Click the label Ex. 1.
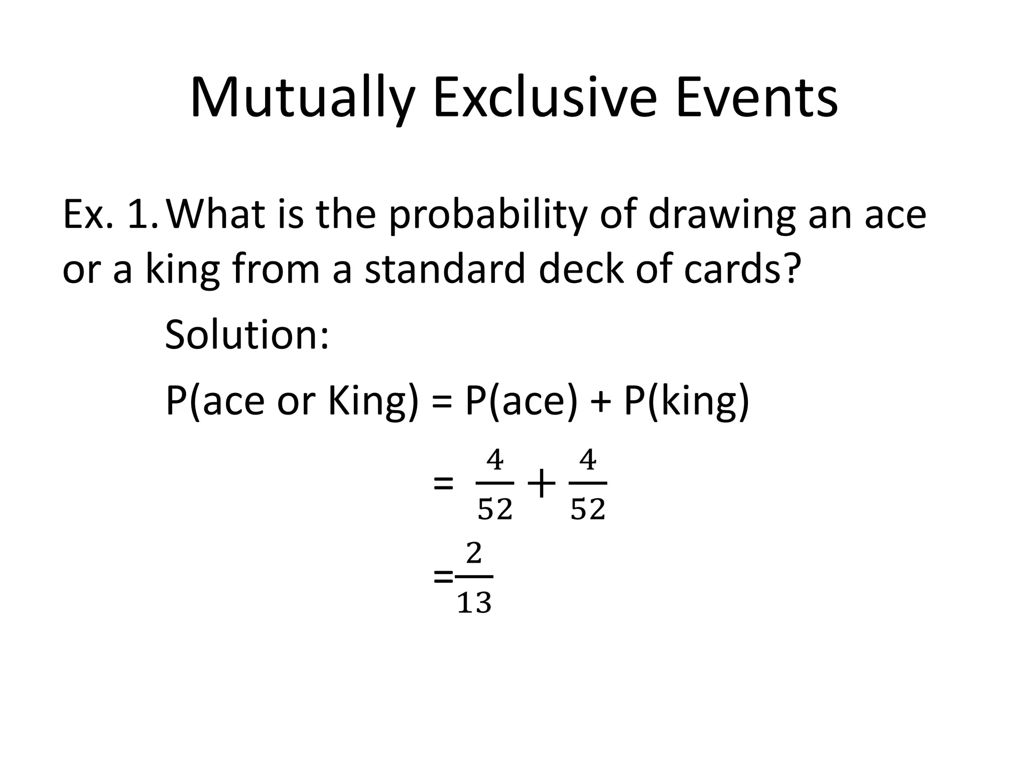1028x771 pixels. tap(110, 214)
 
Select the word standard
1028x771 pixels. tap(444, 269)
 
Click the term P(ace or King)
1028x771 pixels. tap(292, 402)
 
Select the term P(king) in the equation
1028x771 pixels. tap(686, 402)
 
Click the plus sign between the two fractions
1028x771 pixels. tap(541, 485)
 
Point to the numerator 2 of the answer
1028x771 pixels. tap(474, 554)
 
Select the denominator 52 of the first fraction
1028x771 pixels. tap(495, 509)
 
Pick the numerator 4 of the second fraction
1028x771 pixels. tap(588, 460)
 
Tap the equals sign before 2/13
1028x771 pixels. tap(443, 578)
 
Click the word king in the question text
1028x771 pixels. tap(183, 270)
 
